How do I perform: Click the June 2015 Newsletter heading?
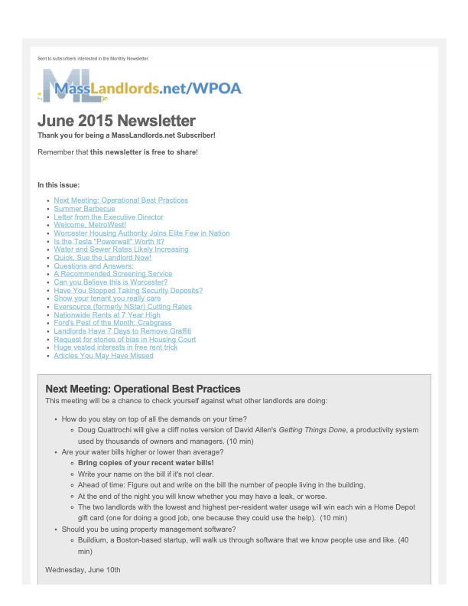click(116, 121)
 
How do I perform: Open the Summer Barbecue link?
click(84, 208)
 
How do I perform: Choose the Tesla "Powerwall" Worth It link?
click(109, 241)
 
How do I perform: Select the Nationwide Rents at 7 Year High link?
click(106, 314)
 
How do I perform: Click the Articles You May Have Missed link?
click(103, 356)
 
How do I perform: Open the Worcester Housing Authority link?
click(141, 233)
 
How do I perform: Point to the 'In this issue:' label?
click(58, 184)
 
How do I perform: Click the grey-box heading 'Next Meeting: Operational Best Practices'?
click(143, 389)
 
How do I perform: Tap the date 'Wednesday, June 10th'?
click(83, 570)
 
